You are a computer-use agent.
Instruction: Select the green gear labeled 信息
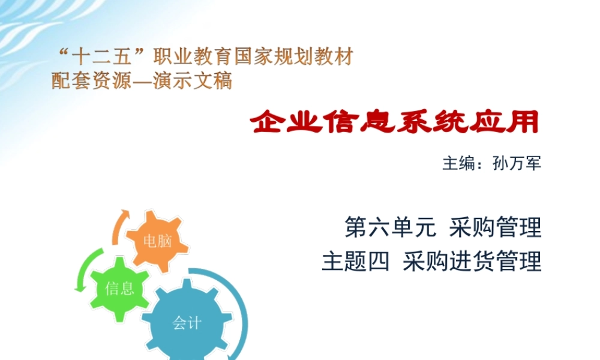coord(120,288)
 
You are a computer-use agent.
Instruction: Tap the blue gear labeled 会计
coord(187,324)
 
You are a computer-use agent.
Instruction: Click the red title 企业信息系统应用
coord(395,122)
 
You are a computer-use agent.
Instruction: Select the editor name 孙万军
coord(517,163)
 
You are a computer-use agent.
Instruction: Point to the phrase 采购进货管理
coord(472,262)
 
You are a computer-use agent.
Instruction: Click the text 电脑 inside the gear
coord(158,241)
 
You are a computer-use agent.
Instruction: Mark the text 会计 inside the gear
coord(187,324)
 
